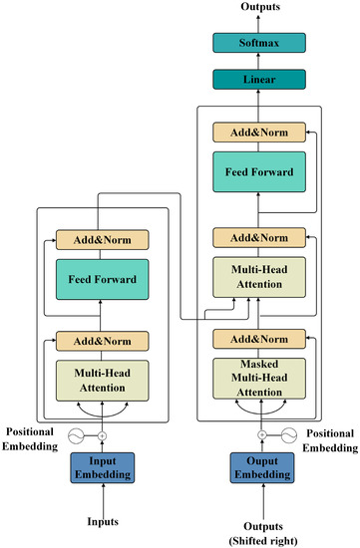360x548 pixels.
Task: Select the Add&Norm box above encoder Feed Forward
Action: (102, 239)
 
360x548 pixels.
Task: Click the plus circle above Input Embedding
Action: (102, 435)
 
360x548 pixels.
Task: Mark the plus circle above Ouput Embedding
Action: (262, 435)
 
